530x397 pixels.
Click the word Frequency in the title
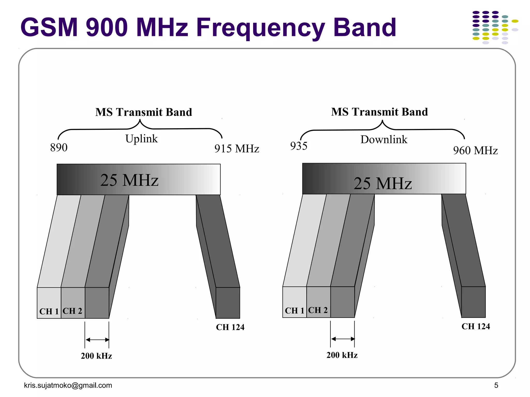[x=260, y=28]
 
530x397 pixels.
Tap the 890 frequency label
[x=59, y=148]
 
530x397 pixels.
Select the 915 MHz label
[x=237, y=149]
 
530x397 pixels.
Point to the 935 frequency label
[x=299, y=146]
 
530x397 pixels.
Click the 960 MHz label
[x=475, y=150]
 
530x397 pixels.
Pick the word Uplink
[x=141, y=139]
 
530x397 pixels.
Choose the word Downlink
[x=384, y=140]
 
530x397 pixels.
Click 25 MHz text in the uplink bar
[x=129, y=180]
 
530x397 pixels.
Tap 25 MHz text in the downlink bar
[x=382, y=184]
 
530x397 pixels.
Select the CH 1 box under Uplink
[x=49, y=303]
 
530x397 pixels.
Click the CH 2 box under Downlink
[x=318, y=302]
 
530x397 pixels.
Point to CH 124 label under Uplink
[x=230, y=327]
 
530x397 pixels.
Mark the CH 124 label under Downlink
[x=476, y=326]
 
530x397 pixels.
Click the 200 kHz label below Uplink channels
[x=96, y=356]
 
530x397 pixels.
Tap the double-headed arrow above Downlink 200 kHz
[x=342, y=339]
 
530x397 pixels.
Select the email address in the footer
[x=68, y=385]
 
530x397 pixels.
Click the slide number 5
[x=496, y=385]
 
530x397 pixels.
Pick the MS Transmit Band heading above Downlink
[x=379, y=112]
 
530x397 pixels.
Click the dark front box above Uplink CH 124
[x=228, y=303]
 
